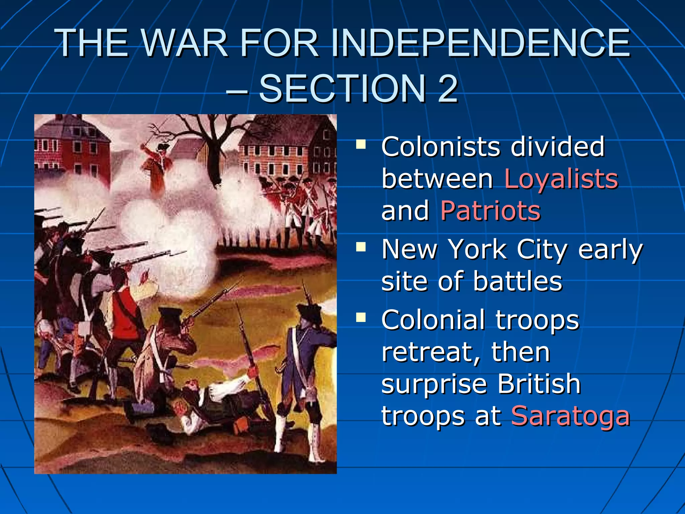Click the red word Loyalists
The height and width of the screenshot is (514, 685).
pyautogui.click(x=561, y=179)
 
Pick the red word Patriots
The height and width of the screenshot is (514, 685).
pyautogui.click(x=490, y=211)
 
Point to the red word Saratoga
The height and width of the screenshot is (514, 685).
pyautogui.click(x=570, y=416)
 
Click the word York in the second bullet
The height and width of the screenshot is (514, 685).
pyautogui.click(x=478, y=249)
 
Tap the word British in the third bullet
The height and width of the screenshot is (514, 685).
pyautogui.click(x=539, y=384)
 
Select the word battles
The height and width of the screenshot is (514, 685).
pyautogui.click(x=517, y=281)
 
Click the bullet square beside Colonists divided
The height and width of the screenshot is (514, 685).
pyautogui.click(x=361, y=145)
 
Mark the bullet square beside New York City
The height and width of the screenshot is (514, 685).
pyautogui.click(x=361, y=247)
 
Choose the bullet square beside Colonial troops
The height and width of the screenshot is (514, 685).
pyautogui.click(x=361, y=317)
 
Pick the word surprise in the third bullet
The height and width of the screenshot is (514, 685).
pyautogui.click(x=434, y=384)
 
